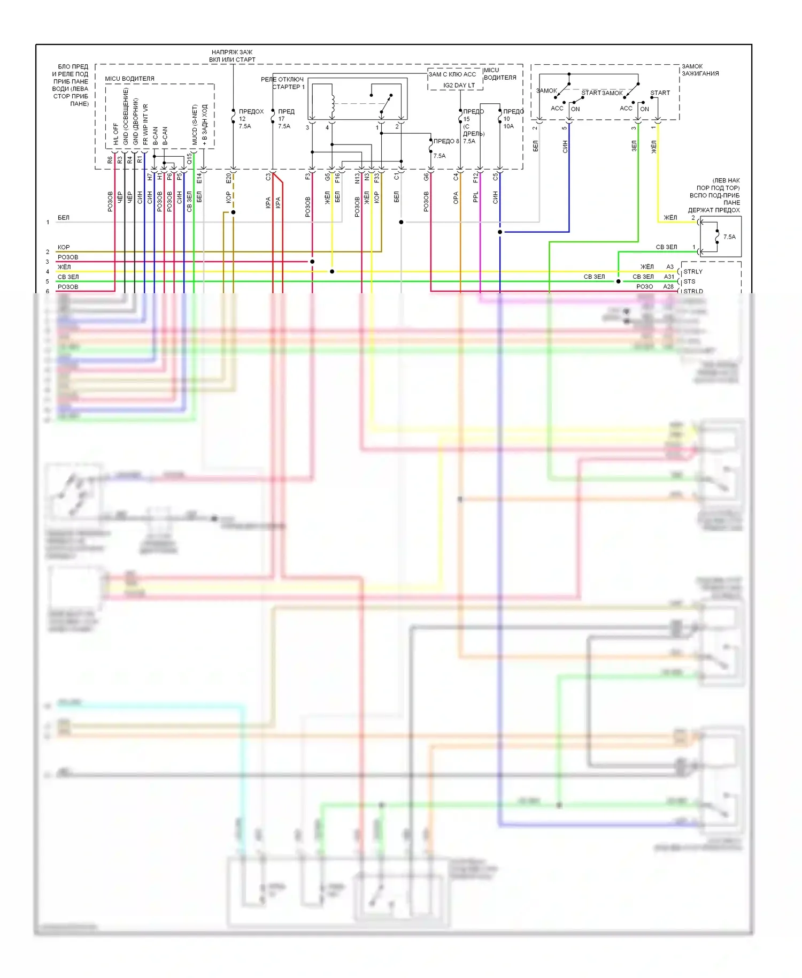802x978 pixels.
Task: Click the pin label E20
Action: coord(228,178)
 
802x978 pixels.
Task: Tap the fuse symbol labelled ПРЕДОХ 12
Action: coord(233,116)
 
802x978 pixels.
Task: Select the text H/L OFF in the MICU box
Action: coord(116,134)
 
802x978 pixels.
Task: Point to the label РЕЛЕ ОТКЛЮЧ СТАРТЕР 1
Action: coord(283,83)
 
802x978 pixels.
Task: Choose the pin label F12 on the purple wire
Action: coord(475,178)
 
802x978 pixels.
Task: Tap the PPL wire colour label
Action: coord(475,197)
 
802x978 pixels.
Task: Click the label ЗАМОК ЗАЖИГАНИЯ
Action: coord(700,70)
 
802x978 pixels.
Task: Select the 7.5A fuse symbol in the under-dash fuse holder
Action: coord(717,236)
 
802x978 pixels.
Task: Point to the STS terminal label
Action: coord(689,281)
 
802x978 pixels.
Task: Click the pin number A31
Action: coord(669,277)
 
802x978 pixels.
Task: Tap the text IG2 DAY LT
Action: coord(459,86)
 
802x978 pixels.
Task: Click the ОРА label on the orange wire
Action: coord(456,198)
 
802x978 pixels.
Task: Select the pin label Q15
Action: coord(189,159)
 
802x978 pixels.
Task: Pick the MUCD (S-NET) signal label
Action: coord(195,125)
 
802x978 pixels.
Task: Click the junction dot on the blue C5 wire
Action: coord(500,232)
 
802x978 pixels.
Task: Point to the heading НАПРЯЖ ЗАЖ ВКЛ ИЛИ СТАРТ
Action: coord(232,56)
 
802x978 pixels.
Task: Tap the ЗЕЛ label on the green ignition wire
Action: coord(634,146)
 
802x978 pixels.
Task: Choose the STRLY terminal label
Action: coord(693,272)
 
